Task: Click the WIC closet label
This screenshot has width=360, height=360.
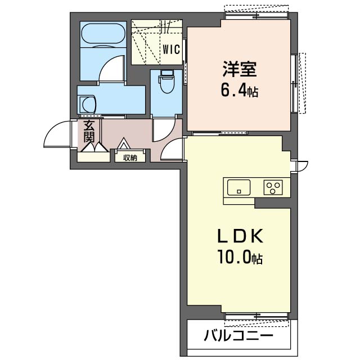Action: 171,49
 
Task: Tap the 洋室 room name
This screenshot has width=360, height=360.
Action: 239,69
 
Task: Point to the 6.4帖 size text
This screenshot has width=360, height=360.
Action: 240,90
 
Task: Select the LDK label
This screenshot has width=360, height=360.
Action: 240,236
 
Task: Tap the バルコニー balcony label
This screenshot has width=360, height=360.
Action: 238,336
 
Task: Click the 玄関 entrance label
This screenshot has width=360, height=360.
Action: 89,131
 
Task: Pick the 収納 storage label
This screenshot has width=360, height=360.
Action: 130,157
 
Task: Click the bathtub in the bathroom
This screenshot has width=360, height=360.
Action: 103,34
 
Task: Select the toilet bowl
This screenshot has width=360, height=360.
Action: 167,82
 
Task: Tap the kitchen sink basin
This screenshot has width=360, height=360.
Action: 238,187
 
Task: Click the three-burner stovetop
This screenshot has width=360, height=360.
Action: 273,187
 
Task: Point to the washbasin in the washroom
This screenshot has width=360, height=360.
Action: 88,105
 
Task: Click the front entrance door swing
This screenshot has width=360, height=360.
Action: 58,134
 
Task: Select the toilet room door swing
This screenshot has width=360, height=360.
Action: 164,130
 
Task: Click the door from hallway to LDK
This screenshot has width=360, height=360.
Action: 173,148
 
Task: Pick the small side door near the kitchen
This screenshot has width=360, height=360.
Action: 301,166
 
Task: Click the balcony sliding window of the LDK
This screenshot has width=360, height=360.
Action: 256,317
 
